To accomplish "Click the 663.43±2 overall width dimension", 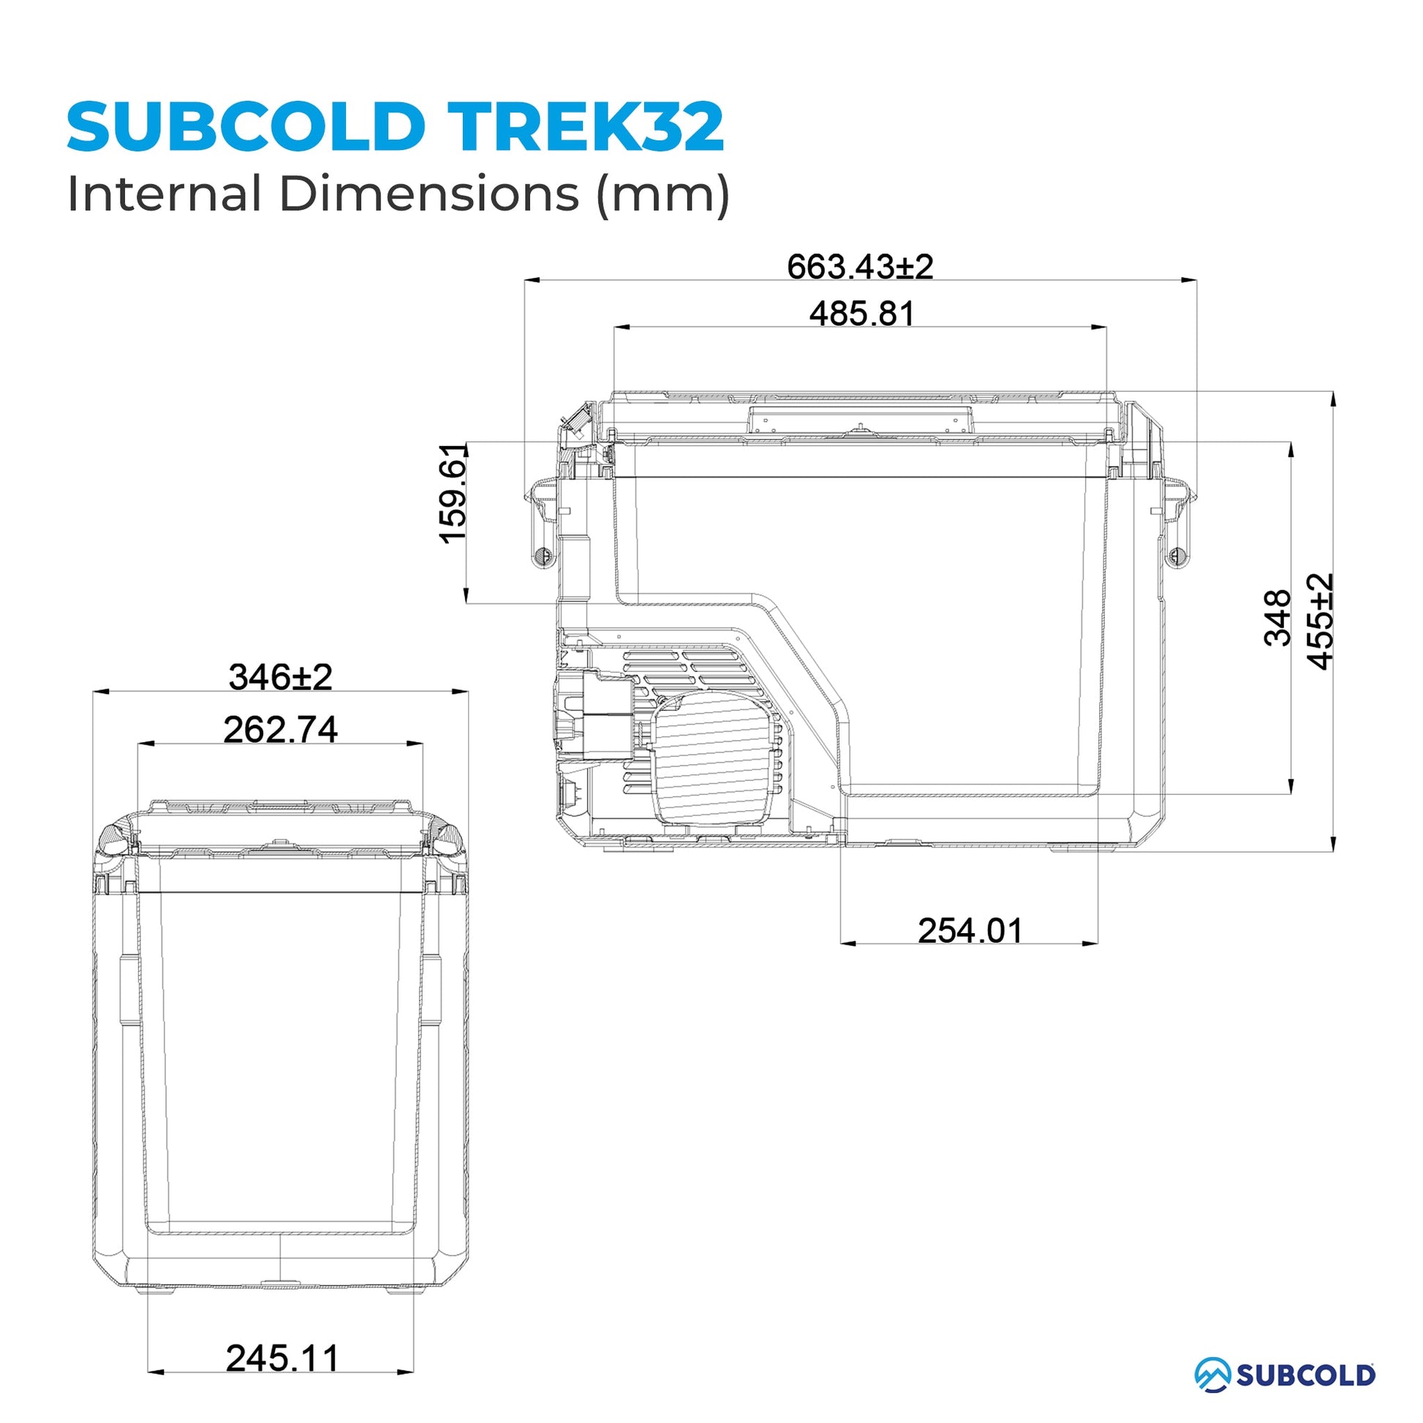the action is pos(859,267).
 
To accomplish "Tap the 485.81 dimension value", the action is pos(861,314).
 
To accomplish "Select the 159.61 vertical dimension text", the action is pos(453,494).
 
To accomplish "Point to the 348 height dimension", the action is pos(1277,618).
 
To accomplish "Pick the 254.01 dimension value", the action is pos(970,931).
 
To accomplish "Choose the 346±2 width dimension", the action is pos(281,677).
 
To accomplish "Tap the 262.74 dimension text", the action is pos(281,730).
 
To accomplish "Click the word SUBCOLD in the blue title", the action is pos(246,127).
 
